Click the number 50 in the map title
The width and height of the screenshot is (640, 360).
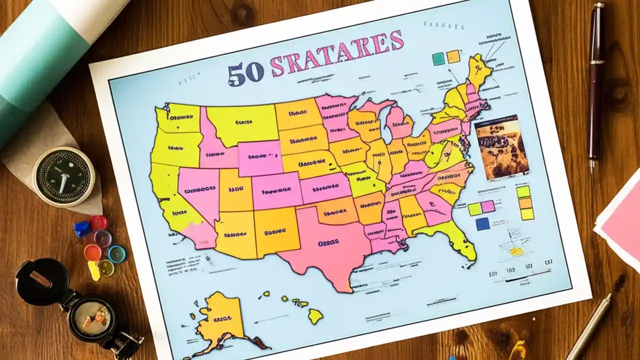tap(245, 73)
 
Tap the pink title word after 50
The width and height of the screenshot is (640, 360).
tap(336, 55)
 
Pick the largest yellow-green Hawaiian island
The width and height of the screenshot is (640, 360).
tap(315, 315)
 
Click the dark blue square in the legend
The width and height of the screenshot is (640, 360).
tap(482, 223)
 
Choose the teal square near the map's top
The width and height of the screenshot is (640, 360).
tap(438, 58)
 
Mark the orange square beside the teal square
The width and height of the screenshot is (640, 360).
tap(453, 56)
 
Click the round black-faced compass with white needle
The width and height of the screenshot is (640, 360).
tap(63, 176)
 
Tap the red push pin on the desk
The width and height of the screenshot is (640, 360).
tap(98, 223)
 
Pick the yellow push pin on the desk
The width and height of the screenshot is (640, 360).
tap(93, 270)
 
